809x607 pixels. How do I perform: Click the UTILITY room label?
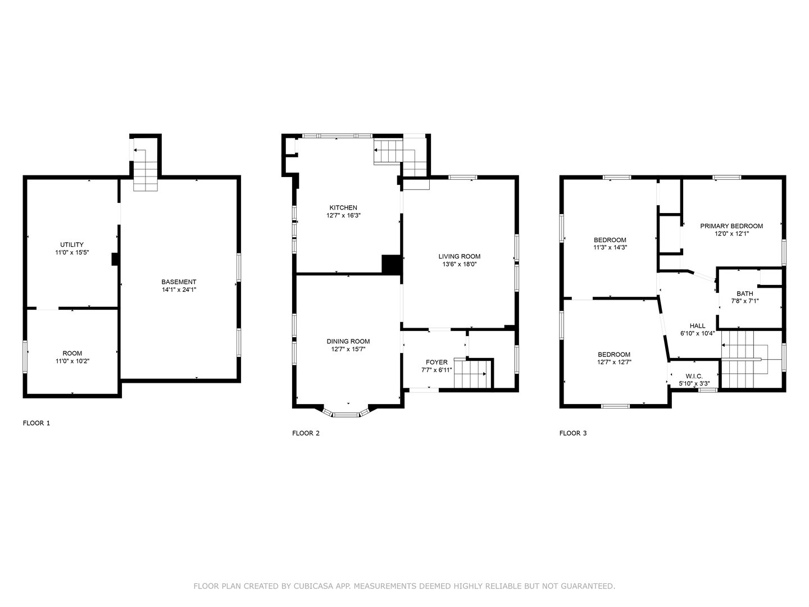72,244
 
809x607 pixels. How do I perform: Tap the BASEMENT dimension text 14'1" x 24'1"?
179,289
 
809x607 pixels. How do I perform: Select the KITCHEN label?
343,207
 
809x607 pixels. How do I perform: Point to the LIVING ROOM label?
459,256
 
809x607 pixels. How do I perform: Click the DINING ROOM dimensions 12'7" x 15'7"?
348,349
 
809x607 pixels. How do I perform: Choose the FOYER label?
437,363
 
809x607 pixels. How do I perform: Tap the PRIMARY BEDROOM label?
731,226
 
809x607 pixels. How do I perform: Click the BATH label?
744,293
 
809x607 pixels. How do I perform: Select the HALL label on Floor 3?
697,325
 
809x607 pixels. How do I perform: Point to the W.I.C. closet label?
694,376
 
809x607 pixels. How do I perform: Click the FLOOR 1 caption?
36,423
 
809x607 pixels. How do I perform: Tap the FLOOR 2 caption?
306,433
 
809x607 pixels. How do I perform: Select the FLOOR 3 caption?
572,433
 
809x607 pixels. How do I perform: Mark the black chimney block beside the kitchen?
391,264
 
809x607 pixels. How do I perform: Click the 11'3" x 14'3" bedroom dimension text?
610,248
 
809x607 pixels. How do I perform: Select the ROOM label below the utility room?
72,353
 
